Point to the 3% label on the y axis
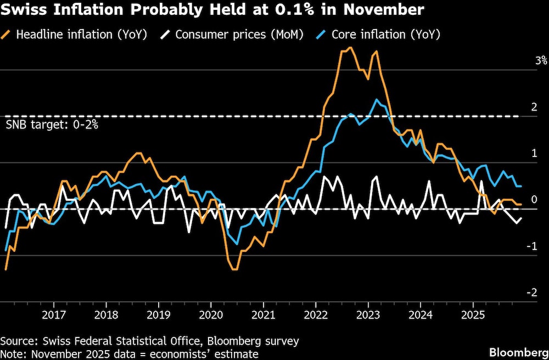click(541, 60)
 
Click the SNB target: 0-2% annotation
click(52, 125)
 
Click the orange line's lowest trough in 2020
click(234, 269)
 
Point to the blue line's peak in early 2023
click(376, 100)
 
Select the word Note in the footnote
click(12, 354)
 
